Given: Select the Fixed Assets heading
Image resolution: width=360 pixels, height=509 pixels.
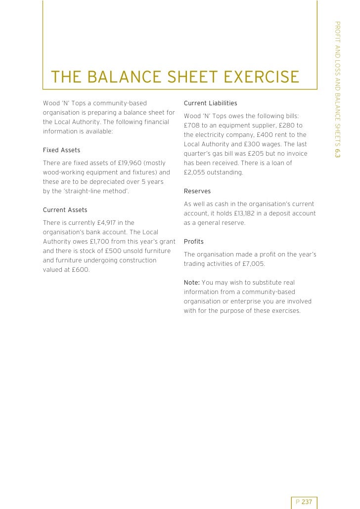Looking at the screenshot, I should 61,150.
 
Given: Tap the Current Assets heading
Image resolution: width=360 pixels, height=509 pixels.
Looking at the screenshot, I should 65,210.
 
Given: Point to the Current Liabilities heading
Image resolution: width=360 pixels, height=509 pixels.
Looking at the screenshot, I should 210,103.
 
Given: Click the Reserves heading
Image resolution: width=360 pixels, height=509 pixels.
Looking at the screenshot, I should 197,191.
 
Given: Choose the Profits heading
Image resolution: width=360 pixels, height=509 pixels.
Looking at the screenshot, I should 193,242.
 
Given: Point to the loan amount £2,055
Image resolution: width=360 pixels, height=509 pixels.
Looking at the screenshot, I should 195,172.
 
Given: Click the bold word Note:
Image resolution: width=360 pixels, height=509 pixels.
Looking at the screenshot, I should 191,283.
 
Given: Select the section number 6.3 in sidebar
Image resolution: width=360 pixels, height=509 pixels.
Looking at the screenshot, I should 337,153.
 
